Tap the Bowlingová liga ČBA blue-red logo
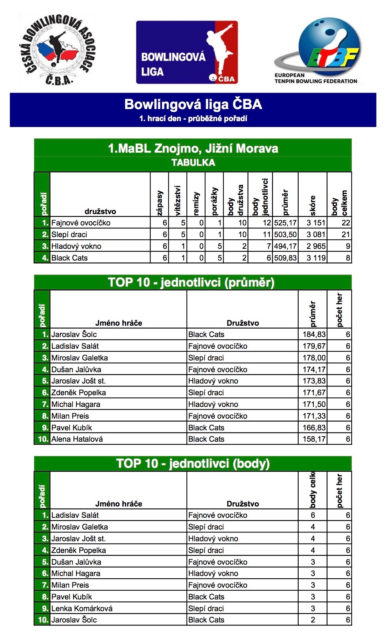point(187,52)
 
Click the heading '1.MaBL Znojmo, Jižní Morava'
point(193,149)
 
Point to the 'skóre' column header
point(313,205)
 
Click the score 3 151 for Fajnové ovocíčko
point(315,223)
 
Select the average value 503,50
point(285,235)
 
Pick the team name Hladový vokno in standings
point(76,246)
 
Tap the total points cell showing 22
point(345,223)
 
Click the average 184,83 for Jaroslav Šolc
point(314,334)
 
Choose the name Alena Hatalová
point(77,439)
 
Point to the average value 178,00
point(314,358)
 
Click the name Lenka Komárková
point(82,609)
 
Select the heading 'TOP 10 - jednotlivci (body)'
point(193,464)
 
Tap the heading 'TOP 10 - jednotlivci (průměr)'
point(191,283)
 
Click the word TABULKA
point(193,163)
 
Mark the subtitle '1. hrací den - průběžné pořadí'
point(193,119)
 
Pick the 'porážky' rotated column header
point(215,201)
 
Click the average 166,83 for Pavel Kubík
point(314,428)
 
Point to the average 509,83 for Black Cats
point(285,258)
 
